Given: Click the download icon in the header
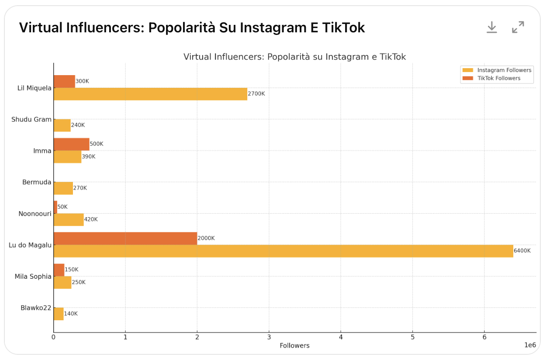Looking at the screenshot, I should (492, 27).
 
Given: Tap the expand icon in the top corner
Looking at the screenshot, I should (518, 27).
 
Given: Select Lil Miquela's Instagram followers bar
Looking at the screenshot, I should (150, 94).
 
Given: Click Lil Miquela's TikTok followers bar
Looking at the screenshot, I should (64, 81).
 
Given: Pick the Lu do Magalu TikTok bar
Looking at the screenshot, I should (125, 238).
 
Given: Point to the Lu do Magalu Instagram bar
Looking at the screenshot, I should (283, 251).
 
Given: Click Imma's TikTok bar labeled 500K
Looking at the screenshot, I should (71, 144).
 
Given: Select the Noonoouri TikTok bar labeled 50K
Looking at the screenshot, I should (55, 207).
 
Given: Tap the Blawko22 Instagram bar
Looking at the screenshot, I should (59, 314).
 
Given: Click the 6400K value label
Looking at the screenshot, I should (522, 251).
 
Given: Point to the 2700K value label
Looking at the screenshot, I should (256, 94).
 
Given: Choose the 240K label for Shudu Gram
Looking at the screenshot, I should (78, 125).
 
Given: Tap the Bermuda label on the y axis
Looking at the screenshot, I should (37, 182).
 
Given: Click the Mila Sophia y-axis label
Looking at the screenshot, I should (33, 277).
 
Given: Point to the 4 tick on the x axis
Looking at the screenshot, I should (341, 337).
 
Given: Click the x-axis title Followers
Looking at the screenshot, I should (294, 346).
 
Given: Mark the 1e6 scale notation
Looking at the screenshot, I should (530, 345).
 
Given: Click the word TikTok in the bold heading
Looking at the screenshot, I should (343, 28).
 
